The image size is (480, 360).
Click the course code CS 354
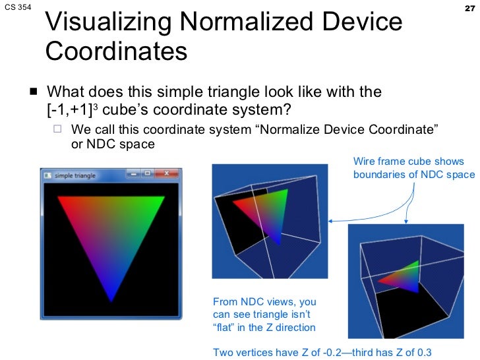point(18,9)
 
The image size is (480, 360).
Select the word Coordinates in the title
point(117,51)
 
